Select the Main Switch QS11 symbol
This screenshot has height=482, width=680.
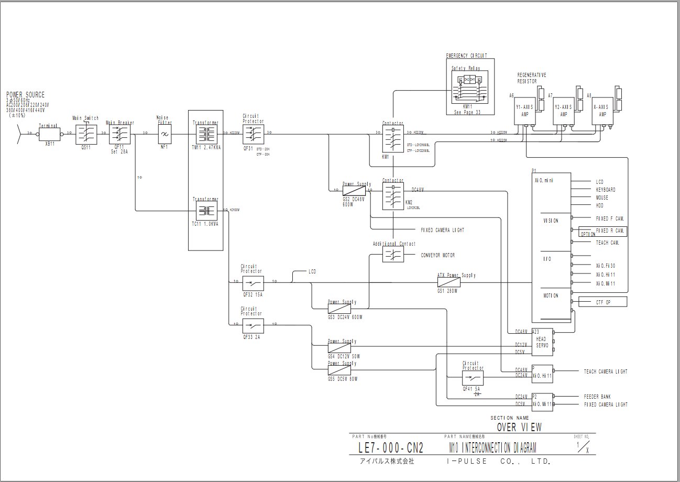click(85, 134)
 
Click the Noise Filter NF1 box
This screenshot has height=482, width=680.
click(164, 134)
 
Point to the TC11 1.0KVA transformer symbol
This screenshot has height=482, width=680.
click(206, 211)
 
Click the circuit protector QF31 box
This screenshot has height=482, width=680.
click(253, 134)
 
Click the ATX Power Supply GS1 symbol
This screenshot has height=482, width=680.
click(448, 282)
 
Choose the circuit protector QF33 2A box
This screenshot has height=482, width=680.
click(253, 325)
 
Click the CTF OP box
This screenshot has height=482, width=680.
click(602, 302)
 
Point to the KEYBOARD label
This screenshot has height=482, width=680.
click(605, 190)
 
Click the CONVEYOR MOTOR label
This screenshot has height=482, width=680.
click(437, 255)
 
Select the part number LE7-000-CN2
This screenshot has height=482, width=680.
click(390, 448)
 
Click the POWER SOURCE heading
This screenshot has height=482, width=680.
click(25, 95)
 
